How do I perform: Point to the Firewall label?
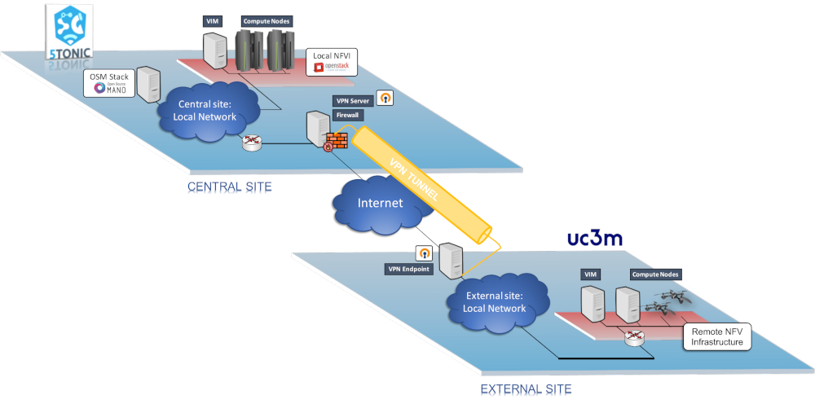(x=348, y=116)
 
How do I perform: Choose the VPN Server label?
(x=352, y=100)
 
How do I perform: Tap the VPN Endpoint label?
(x=408, y=269)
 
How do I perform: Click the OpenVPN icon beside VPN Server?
(x=386, y=98)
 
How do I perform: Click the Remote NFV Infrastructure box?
(x=716, y=336)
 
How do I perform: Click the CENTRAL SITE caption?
(x=229, y=187)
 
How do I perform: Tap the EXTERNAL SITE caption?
(x=526, y=389)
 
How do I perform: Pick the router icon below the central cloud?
(x=253, y=143)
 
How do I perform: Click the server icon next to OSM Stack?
(x=148, y=84)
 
